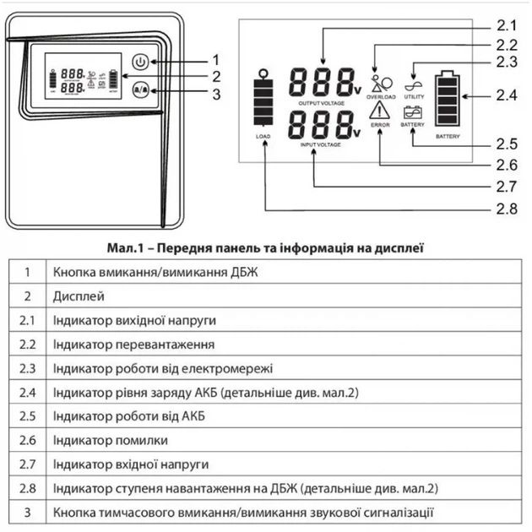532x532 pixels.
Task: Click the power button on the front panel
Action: coord(140,61)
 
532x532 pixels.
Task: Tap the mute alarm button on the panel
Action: coord(141,88)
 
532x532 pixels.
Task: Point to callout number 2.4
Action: coord(506,95)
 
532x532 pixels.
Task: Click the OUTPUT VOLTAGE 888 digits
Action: coord(321,83)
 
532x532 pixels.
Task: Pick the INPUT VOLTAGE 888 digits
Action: coord(321,127)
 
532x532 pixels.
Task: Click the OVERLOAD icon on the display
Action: coord(381,84)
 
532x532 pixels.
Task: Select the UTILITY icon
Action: coord(414,84)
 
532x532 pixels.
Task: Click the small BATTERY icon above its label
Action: coord(413,112)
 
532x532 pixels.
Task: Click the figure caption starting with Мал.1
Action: coord(266,248)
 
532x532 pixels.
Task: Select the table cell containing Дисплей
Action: coord(79,296)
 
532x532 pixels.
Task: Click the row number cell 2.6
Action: coord(28,440)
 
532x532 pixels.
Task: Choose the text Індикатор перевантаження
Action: coord(133,345)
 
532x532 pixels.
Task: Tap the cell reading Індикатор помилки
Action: coord(110,440)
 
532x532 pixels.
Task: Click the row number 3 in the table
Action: coord(28,512)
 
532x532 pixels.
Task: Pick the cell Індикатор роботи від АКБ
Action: coord(128,416)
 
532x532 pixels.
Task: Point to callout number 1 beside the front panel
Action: coord(216,59)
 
